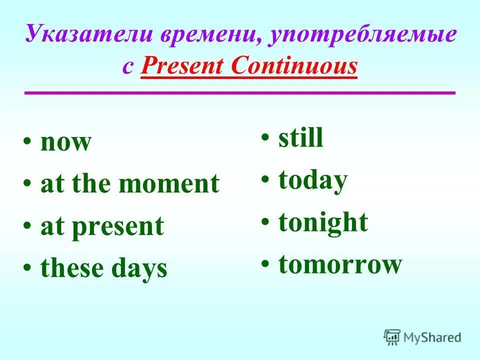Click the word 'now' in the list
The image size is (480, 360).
coord(66,142)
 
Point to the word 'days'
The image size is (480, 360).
coord(139,269)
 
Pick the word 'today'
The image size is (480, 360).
coord(313,181)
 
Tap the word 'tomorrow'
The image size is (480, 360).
coord(340,265)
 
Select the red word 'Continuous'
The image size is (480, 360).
coord(294,66)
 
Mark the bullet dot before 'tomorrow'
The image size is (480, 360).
coord(265,263)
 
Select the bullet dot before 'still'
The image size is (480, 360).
coord(265,137)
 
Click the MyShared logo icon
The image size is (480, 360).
coord(392,337)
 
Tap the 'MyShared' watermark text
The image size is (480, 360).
coord(432,337)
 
